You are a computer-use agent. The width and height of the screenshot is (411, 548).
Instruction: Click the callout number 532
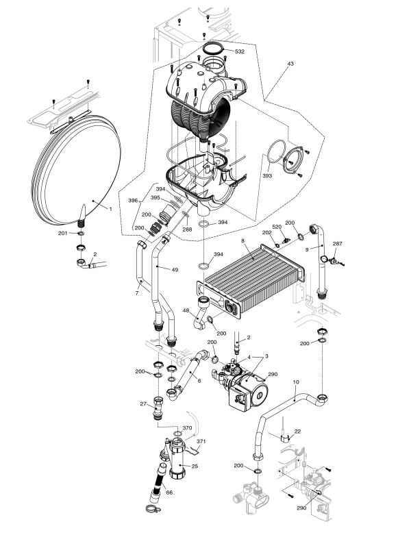tap(240, 51)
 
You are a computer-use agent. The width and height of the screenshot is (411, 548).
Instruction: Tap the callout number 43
tap(290, 64)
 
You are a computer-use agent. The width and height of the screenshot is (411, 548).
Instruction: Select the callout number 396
tap(133, 201)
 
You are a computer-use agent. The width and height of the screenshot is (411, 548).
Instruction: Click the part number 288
tap(187, 229)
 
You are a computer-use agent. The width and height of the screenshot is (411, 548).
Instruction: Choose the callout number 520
tap(277, 227)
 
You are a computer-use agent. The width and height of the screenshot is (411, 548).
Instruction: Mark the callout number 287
tap(337, 243)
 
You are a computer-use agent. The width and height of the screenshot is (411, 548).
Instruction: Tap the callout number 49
tap(175, 270)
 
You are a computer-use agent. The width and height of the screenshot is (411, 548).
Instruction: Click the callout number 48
tap(185, 311)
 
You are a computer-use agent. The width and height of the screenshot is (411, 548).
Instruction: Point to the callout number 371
tap(201, 442)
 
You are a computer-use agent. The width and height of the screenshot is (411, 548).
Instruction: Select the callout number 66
tap(169, 493)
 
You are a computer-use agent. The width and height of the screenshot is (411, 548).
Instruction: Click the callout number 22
tap(297, 431)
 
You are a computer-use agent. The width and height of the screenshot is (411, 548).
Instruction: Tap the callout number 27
tap(144, 404)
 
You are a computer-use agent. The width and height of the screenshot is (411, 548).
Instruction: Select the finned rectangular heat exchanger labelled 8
tap(253, 277)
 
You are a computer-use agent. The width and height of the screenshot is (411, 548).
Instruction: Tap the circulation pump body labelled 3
tap(236, 390)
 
